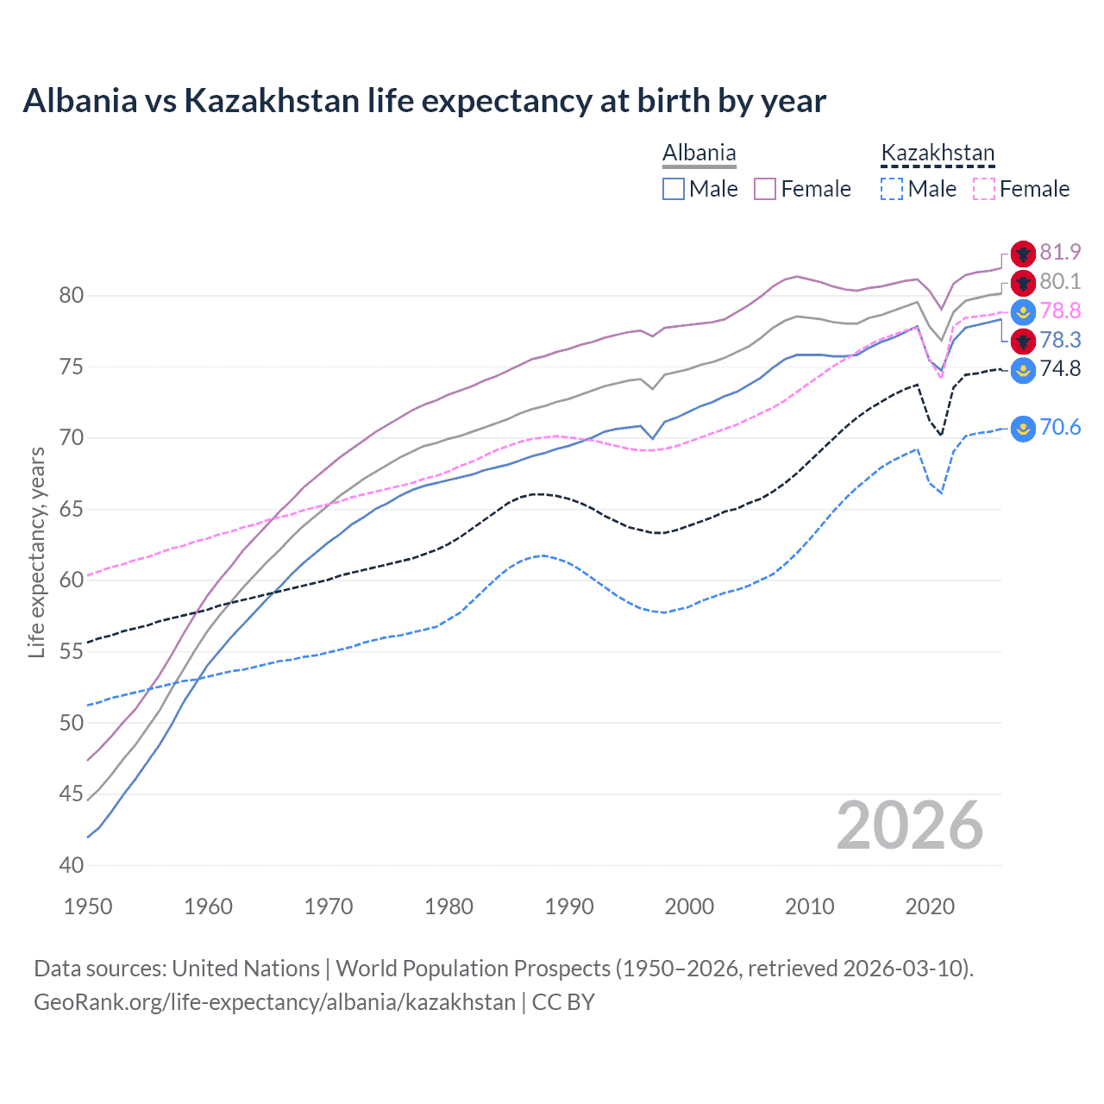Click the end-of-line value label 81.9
tap(1060, 252)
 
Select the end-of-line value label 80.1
tap(1060, 281)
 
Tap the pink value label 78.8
tap(1060, 310)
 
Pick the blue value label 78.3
tap(1060, 340)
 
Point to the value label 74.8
tap(1060, 369)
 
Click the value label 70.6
tap(1060, 428)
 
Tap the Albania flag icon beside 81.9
tap(1023, 254)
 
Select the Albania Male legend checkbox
tap(674, 189)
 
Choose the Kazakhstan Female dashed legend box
tap(984, 189)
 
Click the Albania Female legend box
tap(765, 189)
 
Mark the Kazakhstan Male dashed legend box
tap(892, 189)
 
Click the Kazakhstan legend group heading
tap(938, 154)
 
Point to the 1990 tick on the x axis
tap(569, 906)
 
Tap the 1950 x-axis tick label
tap(88, 906)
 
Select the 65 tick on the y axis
tap(72, 509)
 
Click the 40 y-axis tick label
tap(72, 865)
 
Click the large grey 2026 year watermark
tap(910, 825)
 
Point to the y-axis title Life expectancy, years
tap(36, 552)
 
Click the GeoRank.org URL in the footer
tap(274, 1002)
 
